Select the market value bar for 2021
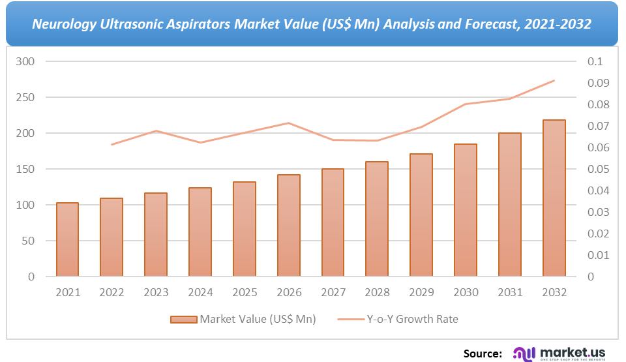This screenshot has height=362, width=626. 67,239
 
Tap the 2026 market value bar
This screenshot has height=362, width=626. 289,226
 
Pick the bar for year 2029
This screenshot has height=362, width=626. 421,215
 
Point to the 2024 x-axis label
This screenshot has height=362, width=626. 200,293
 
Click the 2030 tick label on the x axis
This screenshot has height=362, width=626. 466,293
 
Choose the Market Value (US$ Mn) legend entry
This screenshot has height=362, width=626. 243,319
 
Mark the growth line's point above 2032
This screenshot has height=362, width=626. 554,81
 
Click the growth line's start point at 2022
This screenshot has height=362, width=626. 112,144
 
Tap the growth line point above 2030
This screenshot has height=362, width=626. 466,104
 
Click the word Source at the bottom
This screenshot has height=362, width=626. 483,354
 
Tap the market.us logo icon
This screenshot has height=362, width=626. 523,354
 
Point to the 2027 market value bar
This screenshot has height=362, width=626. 333,222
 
